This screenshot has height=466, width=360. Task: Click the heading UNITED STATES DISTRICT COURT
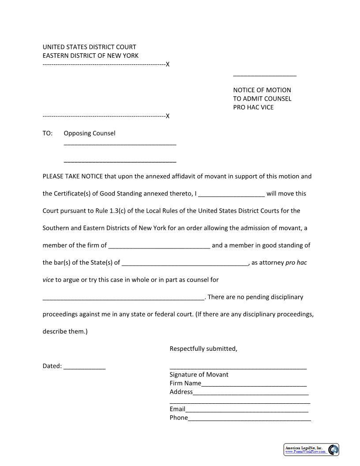(89, 47)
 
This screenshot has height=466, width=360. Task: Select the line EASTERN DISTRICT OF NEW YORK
(90, 56)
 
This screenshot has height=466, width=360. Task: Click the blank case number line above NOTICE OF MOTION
(265, 75)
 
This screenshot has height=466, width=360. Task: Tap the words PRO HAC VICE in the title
(253, 107)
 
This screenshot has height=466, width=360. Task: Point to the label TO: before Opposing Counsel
(48, 133)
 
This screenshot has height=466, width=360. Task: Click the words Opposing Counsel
(90, 133)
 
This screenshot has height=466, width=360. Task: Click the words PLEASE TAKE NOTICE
(73, 177)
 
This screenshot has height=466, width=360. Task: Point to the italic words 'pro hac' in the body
(296, 263)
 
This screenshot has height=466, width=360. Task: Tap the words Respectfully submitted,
(203, 349)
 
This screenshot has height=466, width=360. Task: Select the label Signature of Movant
(199, 375)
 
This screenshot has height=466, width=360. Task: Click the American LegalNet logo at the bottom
(311, 449)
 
